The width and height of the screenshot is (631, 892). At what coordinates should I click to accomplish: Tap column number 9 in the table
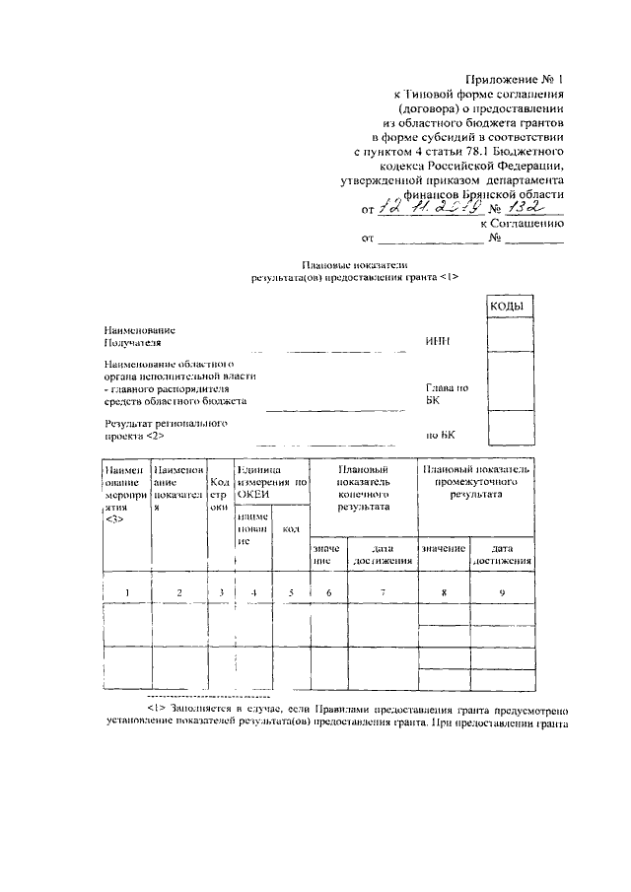[503, 591]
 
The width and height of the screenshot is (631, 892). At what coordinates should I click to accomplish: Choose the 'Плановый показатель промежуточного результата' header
[476, 482]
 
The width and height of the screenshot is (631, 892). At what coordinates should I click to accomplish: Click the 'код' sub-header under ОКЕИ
[290, 529]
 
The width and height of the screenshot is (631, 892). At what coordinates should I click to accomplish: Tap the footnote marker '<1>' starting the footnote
[156, 709]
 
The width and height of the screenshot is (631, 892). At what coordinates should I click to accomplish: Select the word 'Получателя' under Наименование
[132, 342]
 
